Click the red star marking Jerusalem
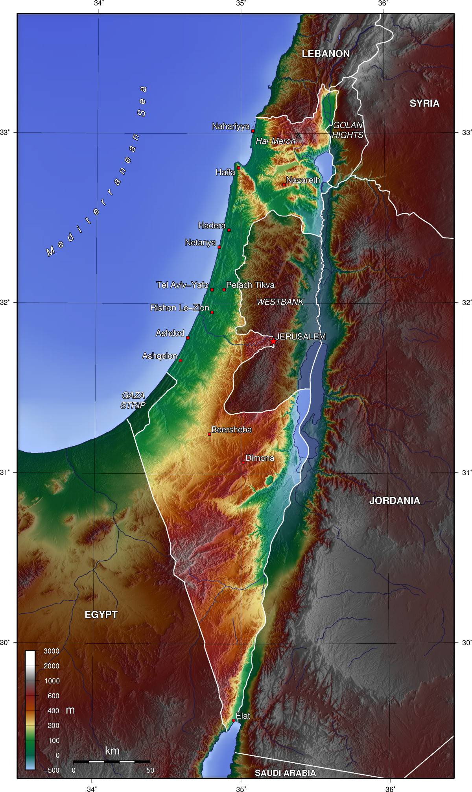pyautogui.click(x=273, y=342)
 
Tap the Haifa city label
pyautogui.click(x=225, y=172)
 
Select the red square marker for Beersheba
pyautogui.click(x=209, y=434)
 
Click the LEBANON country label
pyautogui.click(x=326, y=54)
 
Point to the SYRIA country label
pyautogui.click(x=424, y=103)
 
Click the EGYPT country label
pyautogui.click(x=101, y=615)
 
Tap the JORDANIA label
pyautogui.click(x=395, y=501)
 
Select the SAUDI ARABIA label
pyautogui.click(x=285, y=773)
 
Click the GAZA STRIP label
pyautogui.click(x=133, y=400)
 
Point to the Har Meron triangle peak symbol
pyautogui.click(x=298, y=136)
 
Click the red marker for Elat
pyautogui.click(x=234, y=720)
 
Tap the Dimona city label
pyautogui.click(x=260, y=458)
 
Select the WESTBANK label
pyautogui.click(x=280, y=302)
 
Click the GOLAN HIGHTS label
pyautogui.click(x=347, y=130)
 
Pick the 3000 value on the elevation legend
pyautogui.click(x=51, y=651)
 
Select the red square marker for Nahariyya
pyautogui.click(x=253, y=131)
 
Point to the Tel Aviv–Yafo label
pyautogui.click(x=182, y=285)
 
